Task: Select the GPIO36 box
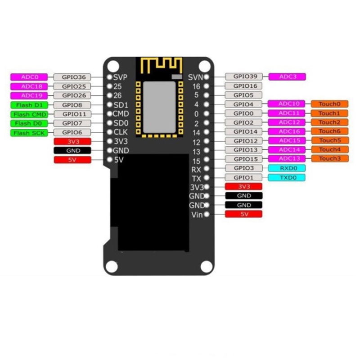(72, 77)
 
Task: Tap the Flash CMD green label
(27, 114)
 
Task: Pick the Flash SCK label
(27, 133)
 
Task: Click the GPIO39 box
(245, 76)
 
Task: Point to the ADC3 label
(287, 76)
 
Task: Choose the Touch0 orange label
(329, 104)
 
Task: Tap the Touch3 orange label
(329, 158)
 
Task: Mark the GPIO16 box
(245, 86)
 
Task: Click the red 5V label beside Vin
(243, 214)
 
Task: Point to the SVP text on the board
(121, 77)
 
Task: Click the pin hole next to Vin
(207, 214)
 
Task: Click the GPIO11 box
(72, 114)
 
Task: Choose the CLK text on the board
(121, 132)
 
